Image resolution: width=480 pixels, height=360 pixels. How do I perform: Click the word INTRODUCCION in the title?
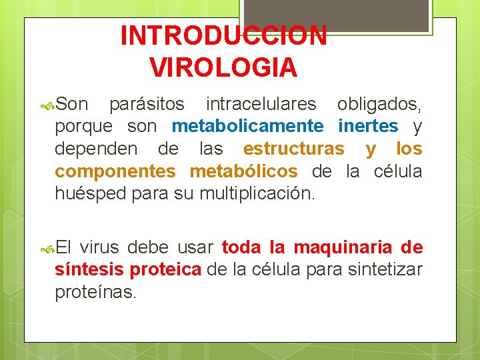click(223, 36)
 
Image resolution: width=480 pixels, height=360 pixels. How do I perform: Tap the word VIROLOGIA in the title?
click(223, 67)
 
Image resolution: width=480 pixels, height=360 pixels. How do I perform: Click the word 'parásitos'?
click(147, 104)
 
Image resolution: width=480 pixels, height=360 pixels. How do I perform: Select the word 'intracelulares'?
click(261, 104)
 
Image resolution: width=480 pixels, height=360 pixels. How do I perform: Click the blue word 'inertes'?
click(369, 126)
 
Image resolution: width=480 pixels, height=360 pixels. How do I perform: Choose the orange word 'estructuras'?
click(294, 149)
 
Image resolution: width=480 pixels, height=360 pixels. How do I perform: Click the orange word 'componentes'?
click(115, 171)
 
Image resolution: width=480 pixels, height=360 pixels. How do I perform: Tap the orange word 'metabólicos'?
click(243, 171)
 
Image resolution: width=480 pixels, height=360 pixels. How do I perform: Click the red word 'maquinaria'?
click(342, 248)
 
